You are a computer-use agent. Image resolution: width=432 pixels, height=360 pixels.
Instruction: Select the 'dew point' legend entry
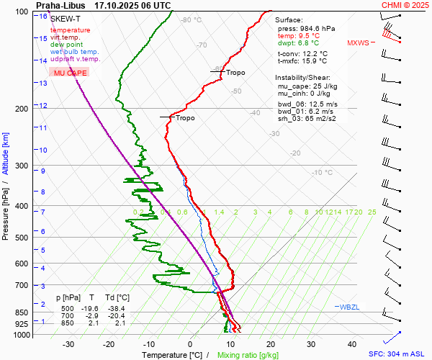[67, 45]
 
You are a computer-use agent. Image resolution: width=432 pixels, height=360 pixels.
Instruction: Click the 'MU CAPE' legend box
[71, 73]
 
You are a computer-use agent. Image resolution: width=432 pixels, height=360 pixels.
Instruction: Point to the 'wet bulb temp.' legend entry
[75, 52]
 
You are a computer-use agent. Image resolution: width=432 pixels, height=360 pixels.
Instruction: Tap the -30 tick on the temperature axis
[68, 345]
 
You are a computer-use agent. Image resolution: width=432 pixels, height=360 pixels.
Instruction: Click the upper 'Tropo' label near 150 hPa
[235, 73]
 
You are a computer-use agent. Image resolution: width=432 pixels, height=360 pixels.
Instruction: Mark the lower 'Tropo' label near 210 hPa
[185, 118]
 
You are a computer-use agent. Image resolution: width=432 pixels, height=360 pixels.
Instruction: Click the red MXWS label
[357, 42]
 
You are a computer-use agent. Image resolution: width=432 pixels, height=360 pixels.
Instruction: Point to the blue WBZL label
[349, 308]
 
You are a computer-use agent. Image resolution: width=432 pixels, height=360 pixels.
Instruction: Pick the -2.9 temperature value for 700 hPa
[92, 316]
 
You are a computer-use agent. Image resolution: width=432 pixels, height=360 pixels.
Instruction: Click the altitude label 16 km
[44, 17]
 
